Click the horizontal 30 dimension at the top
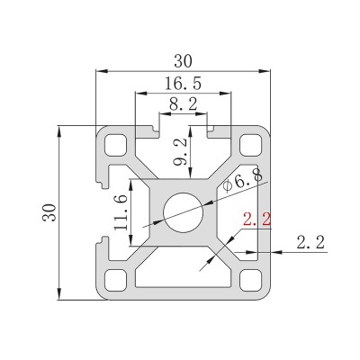(x=183, y=61)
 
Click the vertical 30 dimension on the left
(x=49, y=212)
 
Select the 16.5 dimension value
(x=183, y=84)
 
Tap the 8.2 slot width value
(x=183, y=104)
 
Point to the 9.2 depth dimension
(x=181, y=151)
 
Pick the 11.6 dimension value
(x=121, y=211)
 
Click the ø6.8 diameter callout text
(x=242, y=181)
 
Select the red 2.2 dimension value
(x=256, y=219)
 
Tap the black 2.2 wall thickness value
(x=310, y=242)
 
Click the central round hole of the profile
(x=184, y=212)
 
